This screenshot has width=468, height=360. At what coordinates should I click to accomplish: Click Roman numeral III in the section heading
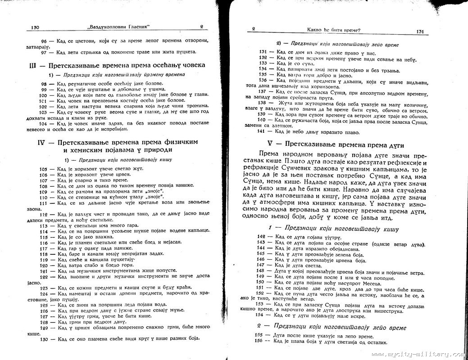33,65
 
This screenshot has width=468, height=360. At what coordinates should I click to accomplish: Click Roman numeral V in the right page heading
271,145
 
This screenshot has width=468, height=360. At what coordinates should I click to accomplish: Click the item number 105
44,169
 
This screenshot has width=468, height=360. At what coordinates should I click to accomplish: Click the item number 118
44,254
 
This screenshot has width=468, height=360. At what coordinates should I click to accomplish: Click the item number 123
44,288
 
